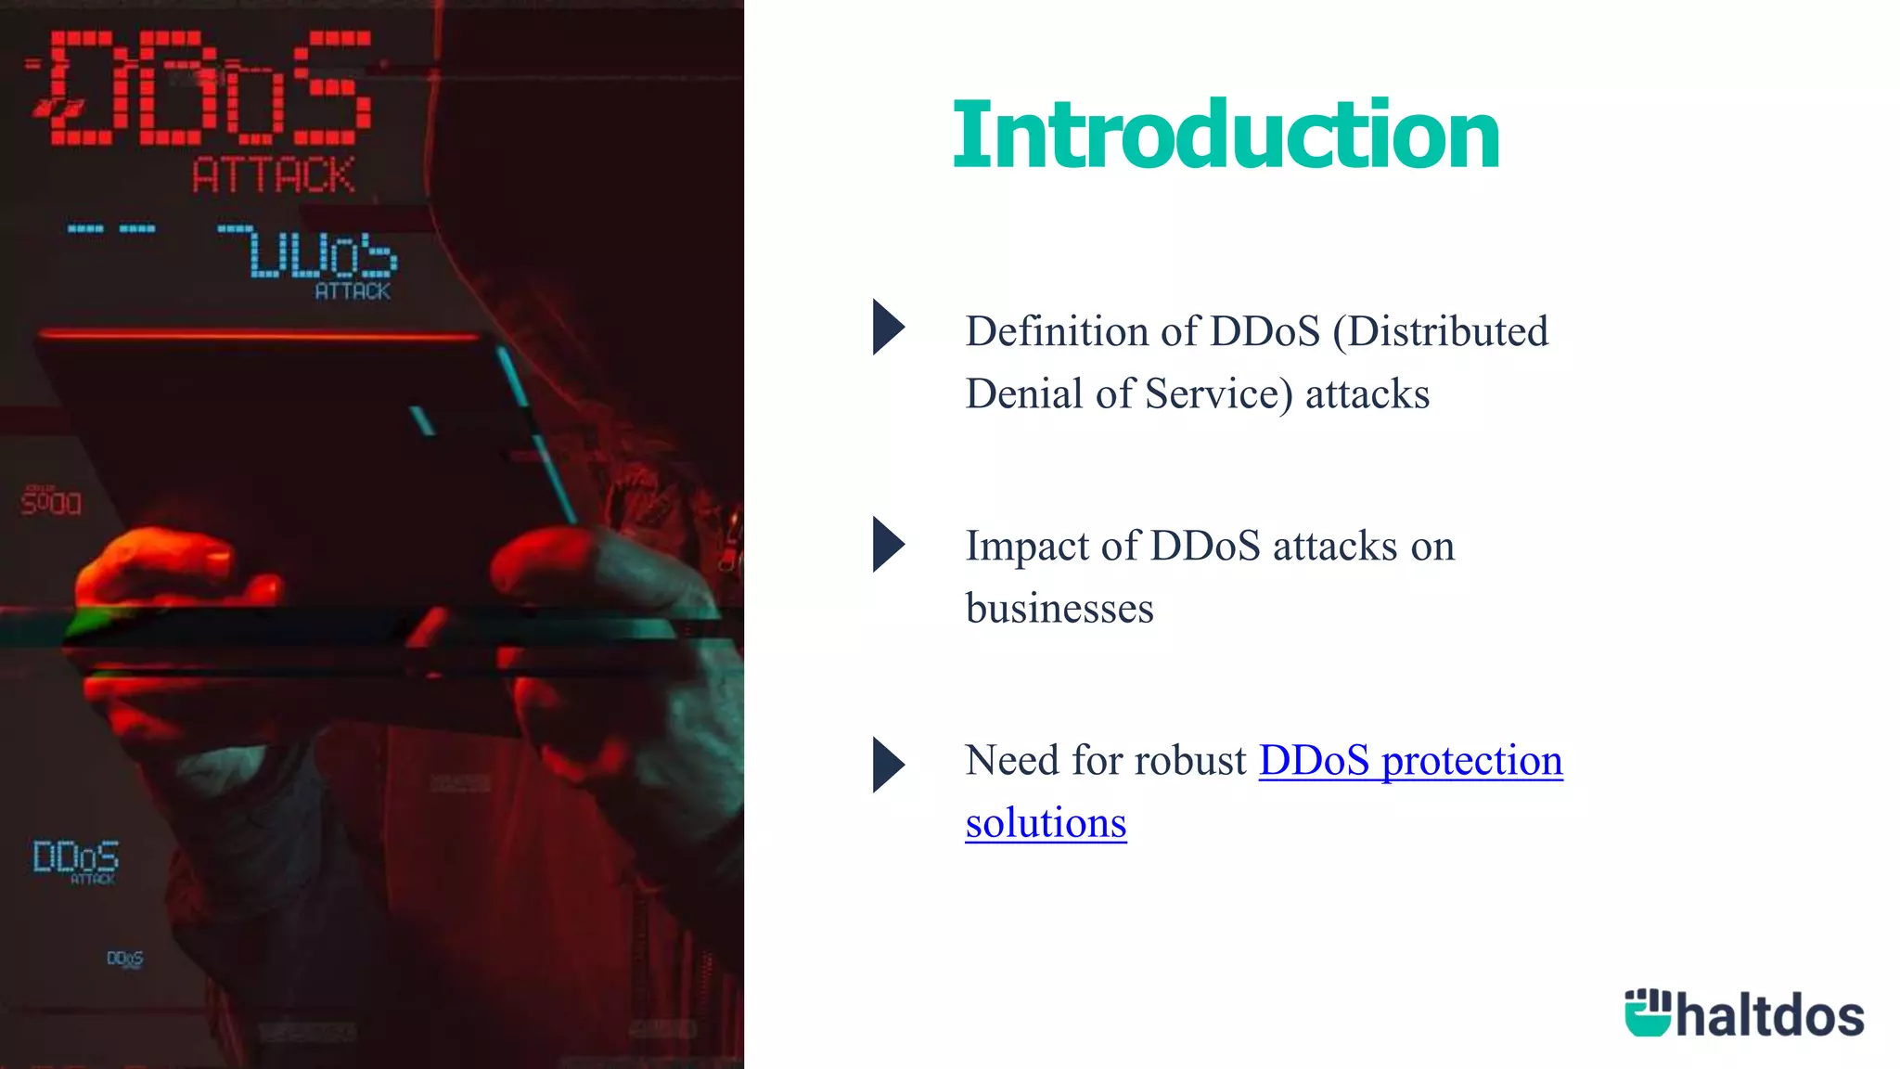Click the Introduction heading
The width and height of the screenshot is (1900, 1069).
click(1225, 135)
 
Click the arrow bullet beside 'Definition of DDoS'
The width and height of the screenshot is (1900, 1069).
click(888, 327)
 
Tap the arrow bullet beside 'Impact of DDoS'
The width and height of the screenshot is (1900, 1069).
click(888, 544)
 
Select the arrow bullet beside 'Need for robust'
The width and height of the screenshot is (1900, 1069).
click(888, 765)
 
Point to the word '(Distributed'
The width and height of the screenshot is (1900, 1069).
click(1440, 331)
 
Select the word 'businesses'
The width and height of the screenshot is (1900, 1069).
click(1059, 609)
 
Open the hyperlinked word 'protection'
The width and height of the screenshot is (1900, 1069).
click(1471, 761)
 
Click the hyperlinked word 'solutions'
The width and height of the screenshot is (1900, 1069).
click(1046, 823)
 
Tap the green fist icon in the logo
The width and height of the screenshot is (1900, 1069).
click(1648, 1012)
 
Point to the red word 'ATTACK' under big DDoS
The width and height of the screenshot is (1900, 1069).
click(273, 175)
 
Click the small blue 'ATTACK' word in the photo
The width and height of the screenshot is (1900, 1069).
click(353, 291)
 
